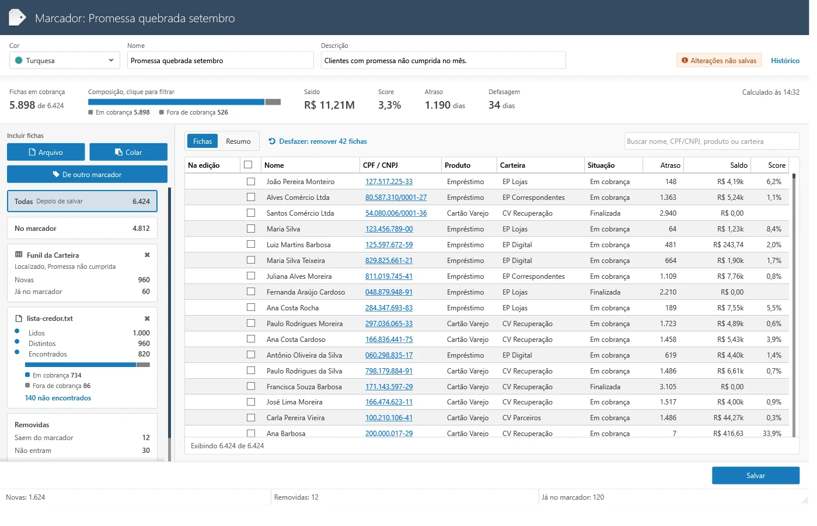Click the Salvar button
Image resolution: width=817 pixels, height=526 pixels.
(755, 475)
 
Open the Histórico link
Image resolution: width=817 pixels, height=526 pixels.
(785, 61)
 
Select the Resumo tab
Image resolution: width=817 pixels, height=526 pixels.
(238, 141)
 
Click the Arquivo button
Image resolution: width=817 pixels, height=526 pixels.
(46, 152)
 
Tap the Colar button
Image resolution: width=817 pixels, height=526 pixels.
(128, 152)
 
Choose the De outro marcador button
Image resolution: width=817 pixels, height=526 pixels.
(87, 174)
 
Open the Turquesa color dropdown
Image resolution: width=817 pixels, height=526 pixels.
(65, 60)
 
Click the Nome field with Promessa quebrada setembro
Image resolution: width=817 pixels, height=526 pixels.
(221, 60)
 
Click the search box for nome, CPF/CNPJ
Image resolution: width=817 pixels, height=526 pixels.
(711, 141)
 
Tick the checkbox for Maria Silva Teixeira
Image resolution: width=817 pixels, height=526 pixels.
(250, 260)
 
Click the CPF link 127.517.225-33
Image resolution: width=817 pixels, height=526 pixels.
(389, 182)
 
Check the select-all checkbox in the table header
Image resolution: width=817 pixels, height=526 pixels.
(248, 165)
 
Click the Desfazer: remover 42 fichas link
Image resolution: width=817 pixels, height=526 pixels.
(317, 141)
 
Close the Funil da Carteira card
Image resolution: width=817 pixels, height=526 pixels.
(147, 255)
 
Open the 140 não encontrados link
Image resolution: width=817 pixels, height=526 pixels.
(58, 398)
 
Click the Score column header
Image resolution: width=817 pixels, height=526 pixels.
(777, 165)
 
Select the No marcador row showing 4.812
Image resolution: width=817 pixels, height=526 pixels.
(82, 229)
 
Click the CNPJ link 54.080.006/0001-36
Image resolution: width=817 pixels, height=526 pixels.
(396, 213)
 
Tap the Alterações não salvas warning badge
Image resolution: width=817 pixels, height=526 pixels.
(719, 60)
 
